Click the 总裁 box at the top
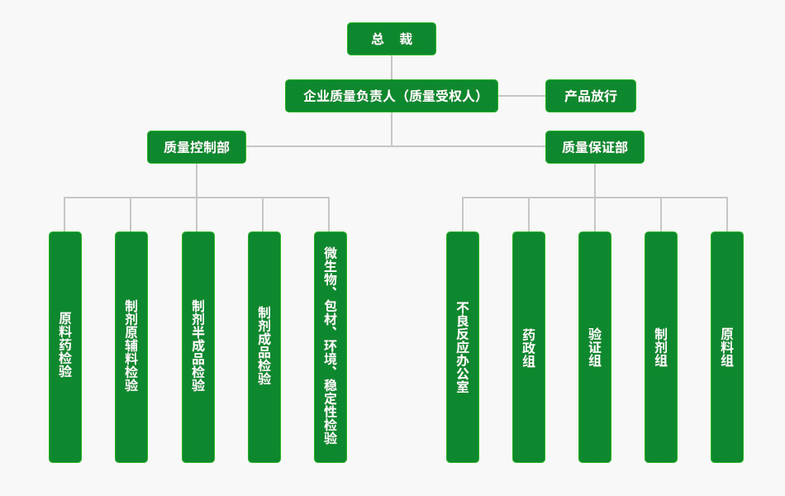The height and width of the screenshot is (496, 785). point(392,39)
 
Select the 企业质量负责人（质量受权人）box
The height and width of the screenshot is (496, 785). point(392,96)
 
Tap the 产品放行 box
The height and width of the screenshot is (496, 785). point(590,96)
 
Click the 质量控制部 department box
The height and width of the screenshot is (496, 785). point(197,147)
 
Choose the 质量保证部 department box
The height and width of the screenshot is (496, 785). point(594,147)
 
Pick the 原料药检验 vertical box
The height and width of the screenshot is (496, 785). point(65,347)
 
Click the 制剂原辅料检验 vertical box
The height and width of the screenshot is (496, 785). point(131,347)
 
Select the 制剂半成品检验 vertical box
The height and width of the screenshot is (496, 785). point(198,347)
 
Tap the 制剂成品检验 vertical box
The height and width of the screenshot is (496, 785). point(264,347)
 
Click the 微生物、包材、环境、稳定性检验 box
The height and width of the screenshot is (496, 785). point(331,347)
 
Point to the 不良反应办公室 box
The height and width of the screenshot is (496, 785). point(463,347)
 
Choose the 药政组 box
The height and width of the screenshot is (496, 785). point(529,347)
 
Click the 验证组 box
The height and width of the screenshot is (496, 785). point(595,347)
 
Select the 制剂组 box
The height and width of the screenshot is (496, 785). point(661,347)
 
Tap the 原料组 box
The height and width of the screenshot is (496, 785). point(727,347)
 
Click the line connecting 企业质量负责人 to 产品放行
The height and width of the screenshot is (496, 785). point(521,96)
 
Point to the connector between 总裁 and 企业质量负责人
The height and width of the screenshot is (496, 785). point(392,67)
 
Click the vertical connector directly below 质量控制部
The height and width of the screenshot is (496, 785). point(197,180)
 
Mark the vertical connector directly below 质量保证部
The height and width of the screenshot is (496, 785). point(595,180)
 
